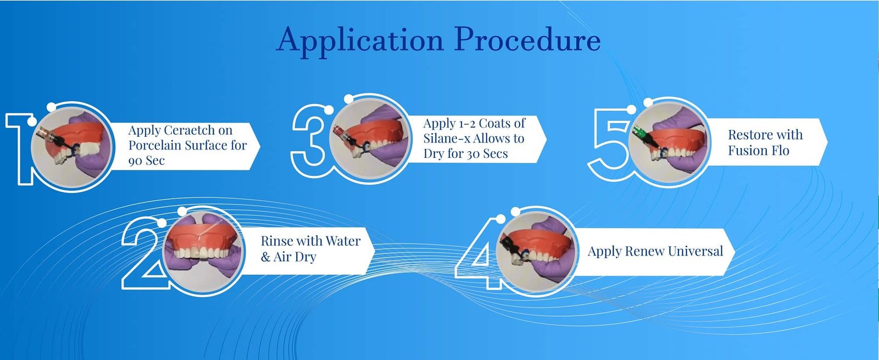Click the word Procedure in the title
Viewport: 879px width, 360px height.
[528, 39]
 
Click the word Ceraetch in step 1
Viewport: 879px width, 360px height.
[190, 130]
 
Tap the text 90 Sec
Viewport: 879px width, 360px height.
[146, 160]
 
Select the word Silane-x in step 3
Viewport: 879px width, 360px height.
[447, 139]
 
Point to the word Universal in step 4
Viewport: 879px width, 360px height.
[695, 251]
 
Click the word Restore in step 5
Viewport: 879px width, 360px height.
[747, 135]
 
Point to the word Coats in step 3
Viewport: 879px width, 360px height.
[494, 123]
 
